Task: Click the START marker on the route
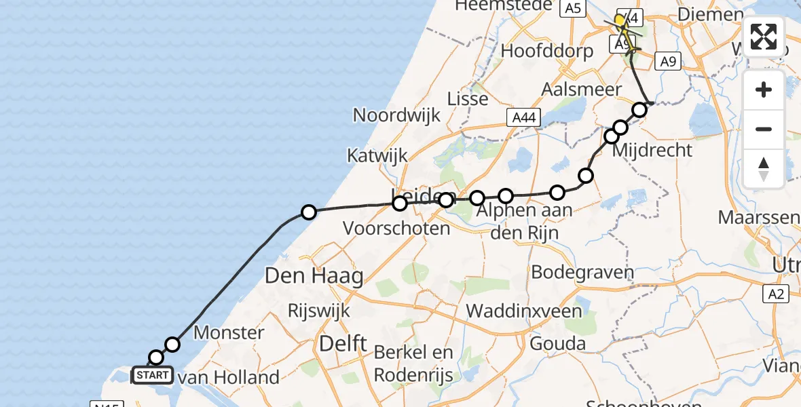point(153,374)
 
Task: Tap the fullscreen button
point(764,37)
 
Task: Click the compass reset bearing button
point(764,168)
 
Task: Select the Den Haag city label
point(314,276)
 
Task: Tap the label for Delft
point(343,343)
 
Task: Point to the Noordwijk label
point(396,115)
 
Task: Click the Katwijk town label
point(377,155)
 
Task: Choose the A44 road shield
point(523,118)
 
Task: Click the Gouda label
point(558,343)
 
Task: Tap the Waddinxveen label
point(525,311)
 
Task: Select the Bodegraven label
point(582,273)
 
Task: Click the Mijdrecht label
point(652,151)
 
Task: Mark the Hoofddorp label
point(546,51)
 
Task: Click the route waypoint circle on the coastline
point(309,212)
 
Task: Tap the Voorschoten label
point(396,228)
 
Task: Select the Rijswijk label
point(319,311)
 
